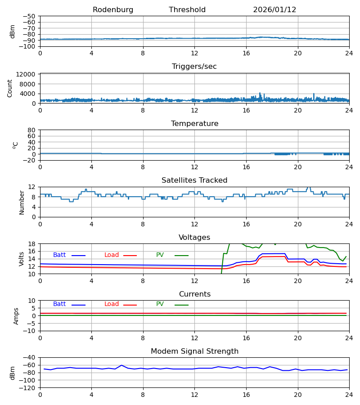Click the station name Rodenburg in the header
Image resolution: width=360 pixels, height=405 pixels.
coord(113,10)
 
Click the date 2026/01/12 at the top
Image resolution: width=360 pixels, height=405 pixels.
coord(274,10)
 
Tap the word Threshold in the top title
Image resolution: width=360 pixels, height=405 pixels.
coord(187,10)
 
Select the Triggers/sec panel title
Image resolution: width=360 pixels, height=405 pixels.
coord(194,67)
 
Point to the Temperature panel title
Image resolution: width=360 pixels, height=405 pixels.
coord(194,124)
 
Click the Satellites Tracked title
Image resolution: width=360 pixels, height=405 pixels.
coord(194,180)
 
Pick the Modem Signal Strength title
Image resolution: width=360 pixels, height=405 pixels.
coord(194,351)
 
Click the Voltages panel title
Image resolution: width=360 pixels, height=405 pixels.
coord(194,238)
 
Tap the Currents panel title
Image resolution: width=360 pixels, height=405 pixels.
coord(194,294)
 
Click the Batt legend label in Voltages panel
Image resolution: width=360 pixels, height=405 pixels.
coord(59,255)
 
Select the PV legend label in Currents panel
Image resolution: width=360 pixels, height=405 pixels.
coord(160,304)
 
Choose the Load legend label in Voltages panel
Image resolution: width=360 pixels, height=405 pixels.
coord(112,255)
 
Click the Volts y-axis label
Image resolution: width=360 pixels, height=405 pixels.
coord(22,259)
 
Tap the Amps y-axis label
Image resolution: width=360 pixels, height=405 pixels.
coord(16,316)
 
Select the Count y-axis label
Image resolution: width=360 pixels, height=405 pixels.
coord(10,88)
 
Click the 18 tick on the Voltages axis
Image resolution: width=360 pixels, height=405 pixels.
coord(33,244)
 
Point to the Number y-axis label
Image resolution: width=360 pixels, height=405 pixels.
coord(22,202)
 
